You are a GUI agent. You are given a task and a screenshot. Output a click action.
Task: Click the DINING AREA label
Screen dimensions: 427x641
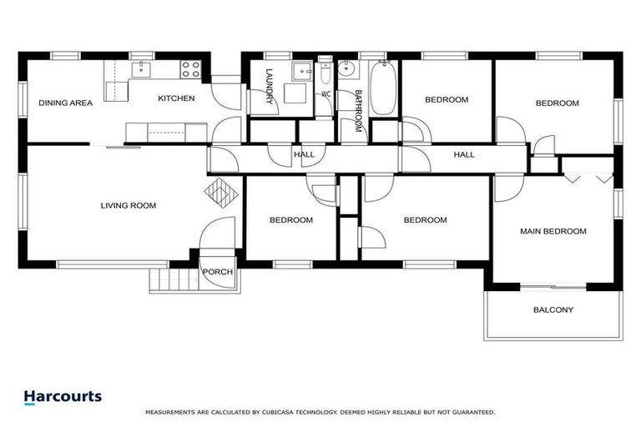65,103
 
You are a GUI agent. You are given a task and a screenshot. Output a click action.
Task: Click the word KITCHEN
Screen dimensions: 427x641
176,98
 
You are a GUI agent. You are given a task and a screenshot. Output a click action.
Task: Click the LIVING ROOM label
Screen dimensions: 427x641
129,205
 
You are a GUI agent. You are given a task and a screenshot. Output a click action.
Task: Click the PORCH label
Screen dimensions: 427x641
218,272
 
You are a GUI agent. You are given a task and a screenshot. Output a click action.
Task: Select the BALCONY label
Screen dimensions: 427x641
553,310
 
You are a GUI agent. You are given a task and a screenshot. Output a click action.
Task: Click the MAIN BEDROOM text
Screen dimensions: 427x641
553,231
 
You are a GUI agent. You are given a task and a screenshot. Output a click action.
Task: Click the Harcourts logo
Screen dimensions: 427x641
63,397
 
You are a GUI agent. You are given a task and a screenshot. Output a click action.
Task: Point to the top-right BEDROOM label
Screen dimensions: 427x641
557,103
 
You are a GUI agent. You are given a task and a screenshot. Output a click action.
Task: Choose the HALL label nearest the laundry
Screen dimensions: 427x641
304,154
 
